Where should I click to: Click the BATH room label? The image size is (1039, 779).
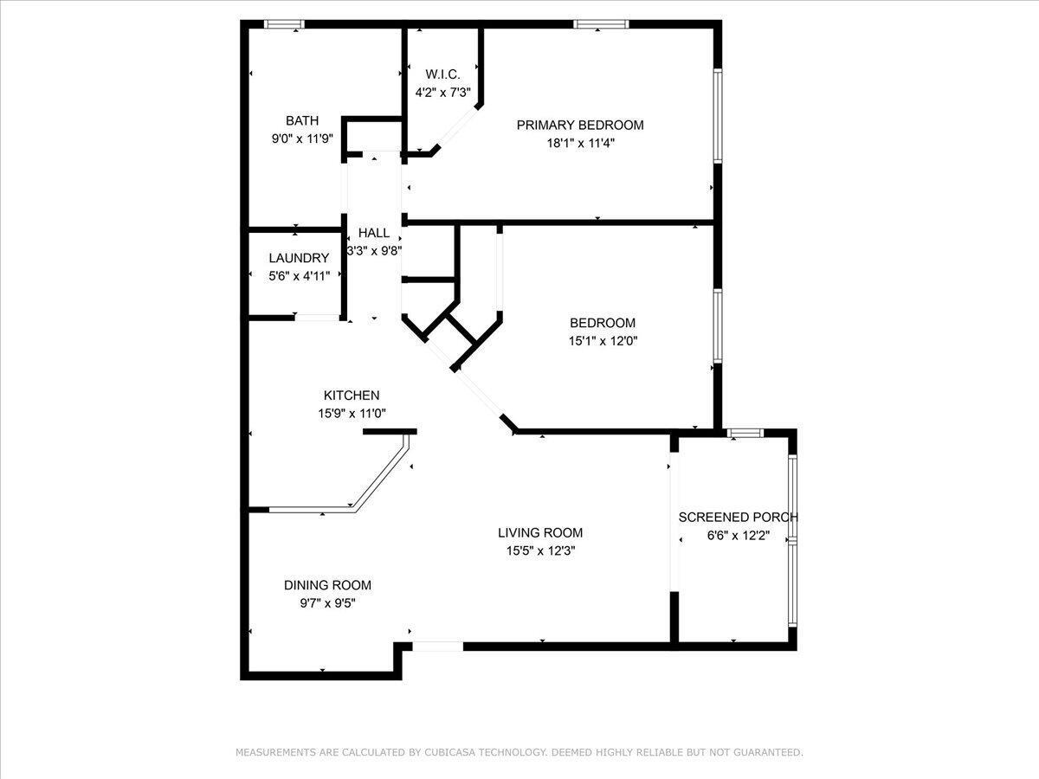pyautogui.click(x=302, y=120)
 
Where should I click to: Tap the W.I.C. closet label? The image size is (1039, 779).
pyautogui.click(x=442, y=74)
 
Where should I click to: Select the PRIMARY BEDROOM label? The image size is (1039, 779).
pyautogui.click(x=580, y=125)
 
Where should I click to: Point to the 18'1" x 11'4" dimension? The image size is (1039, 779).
pyautogui.click(x=580, y=143)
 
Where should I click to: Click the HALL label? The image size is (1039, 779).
pyautogui.click(x=374, y=233)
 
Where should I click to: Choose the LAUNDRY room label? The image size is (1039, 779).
pyautogui.click(x=299, y=258)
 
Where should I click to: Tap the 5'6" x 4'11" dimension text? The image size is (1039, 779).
pyautogui.click(x=300, y=276)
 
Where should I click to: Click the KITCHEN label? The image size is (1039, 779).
pyautogui.click(x=352, y=396)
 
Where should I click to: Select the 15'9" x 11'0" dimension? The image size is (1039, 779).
pyautogui.click(x=352, y=414)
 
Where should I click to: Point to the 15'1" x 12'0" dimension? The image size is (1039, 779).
pyautogui.click(x=603, y=341)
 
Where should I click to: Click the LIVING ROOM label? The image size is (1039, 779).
pyautogui.click(x=540, y=532)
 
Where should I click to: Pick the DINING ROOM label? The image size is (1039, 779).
pyautogui.click(x=327, y=585)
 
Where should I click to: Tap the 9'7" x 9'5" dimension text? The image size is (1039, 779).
pyautogui.click(x=327, y=603)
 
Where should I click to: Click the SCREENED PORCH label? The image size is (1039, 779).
pyautogui.click(x=738, y=517)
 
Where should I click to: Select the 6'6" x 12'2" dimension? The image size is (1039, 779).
pyautogui.click(x=739, y=536)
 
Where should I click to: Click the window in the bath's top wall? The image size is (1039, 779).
pyautogui.click(x=284, y=24)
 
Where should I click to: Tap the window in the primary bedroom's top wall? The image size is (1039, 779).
pyautogui.click(x=601, y=24)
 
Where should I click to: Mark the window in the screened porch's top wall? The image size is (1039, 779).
pyautogui.click(x=745, y=432)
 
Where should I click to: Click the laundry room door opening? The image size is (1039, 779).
pyautogui.click(x=317, y=318)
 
